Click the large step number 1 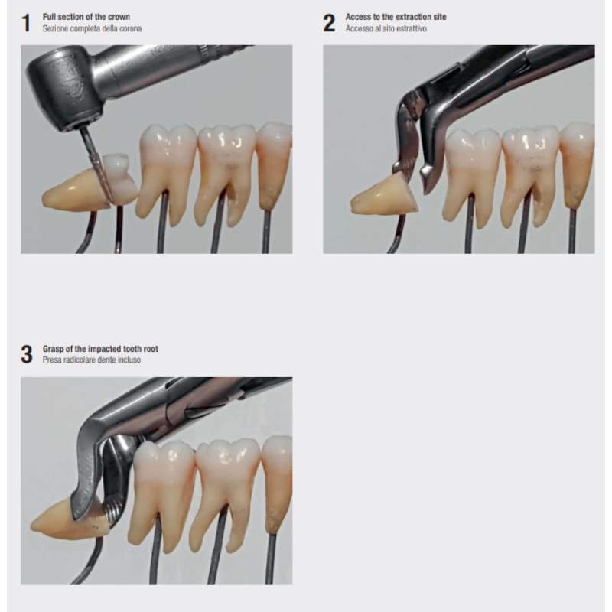point(26,23)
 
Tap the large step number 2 point(329,23)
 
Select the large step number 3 point(27,354)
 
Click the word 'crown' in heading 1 point(119,17)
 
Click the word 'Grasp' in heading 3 point(53,349)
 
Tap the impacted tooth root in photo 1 point(75,194)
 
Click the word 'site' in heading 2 point(440,17)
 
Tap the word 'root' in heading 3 point(150,349)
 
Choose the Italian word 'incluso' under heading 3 point(129,360)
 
